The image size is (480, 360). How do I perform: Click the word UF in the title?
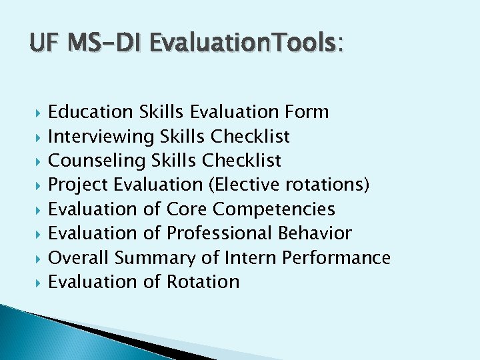(44, 44)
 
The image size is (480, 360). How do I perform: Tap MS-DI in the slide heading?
(104, 44)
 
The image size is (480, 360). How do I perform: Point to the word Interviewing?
(101, 137)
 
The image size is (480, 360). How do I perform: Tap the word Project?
(79, 185)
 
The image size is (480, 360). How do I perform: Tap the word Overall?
(79, 257)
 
